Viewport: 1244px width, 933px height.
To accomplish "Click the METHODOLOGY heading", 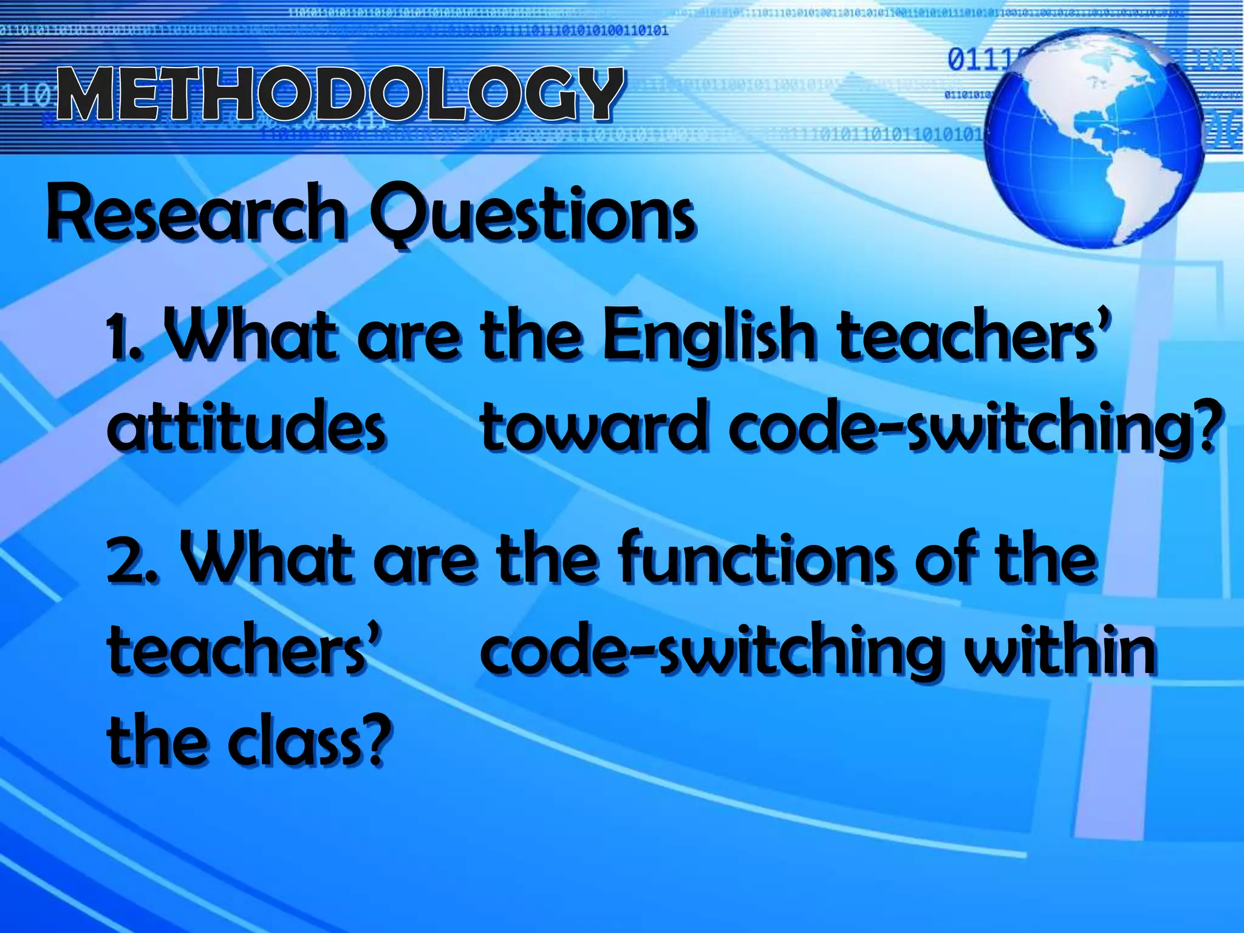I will click(340, 94).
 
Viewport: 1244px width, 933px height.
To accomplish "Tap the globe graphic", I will click(1093, 140).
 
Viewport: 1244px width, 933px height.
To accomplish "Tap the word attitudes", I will click(246, 425).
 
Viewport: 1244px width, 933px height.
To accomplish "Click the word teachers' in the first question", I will click(972, 337).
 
